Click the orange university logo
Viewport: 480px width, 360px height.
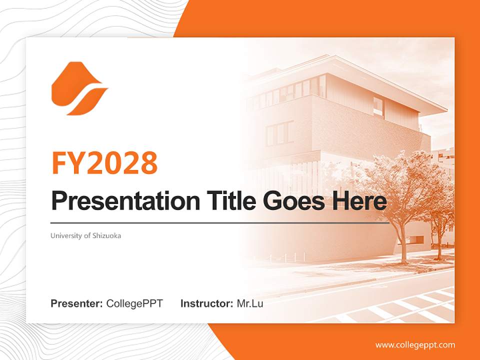78,88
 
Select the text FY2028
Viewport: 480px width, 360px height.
104,163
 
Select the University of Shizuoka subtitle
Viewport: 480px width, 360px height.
85,235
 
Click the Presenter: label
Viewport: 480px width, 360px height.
77,303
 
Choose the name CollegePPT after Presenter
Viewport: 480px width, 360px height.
134,303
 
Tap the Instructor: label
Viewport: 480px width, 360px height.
206,303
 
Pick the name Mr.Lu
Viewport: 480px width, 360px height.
250,303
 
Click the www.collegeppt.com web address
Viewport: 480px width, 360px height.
415,345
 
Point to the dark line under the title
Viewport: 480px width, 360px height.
220,223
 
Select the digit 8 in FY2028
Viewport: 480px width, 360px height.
148,163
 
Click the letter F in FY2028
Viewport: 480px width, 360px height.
59,163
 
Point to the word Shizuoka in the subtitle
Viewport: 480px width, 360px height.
106,235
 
